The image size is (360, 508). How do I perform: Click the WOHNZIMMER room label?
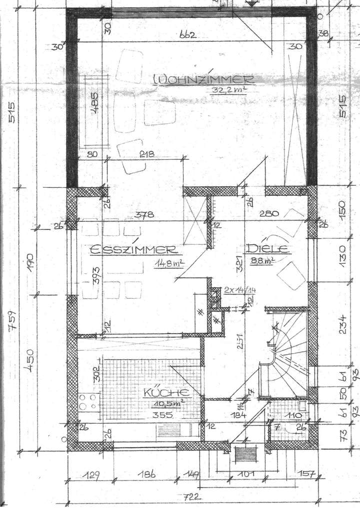tap(203, 79)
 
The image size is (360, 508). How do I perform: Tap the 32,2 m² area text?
tap(224, 90)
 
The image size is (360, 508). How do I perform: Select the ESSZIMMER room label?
tap(132, 250)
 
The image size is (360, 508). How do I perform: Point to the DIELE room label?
tap(268, 249)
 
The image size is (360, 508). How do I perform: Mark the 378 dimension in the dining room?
tap(143, 216)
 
